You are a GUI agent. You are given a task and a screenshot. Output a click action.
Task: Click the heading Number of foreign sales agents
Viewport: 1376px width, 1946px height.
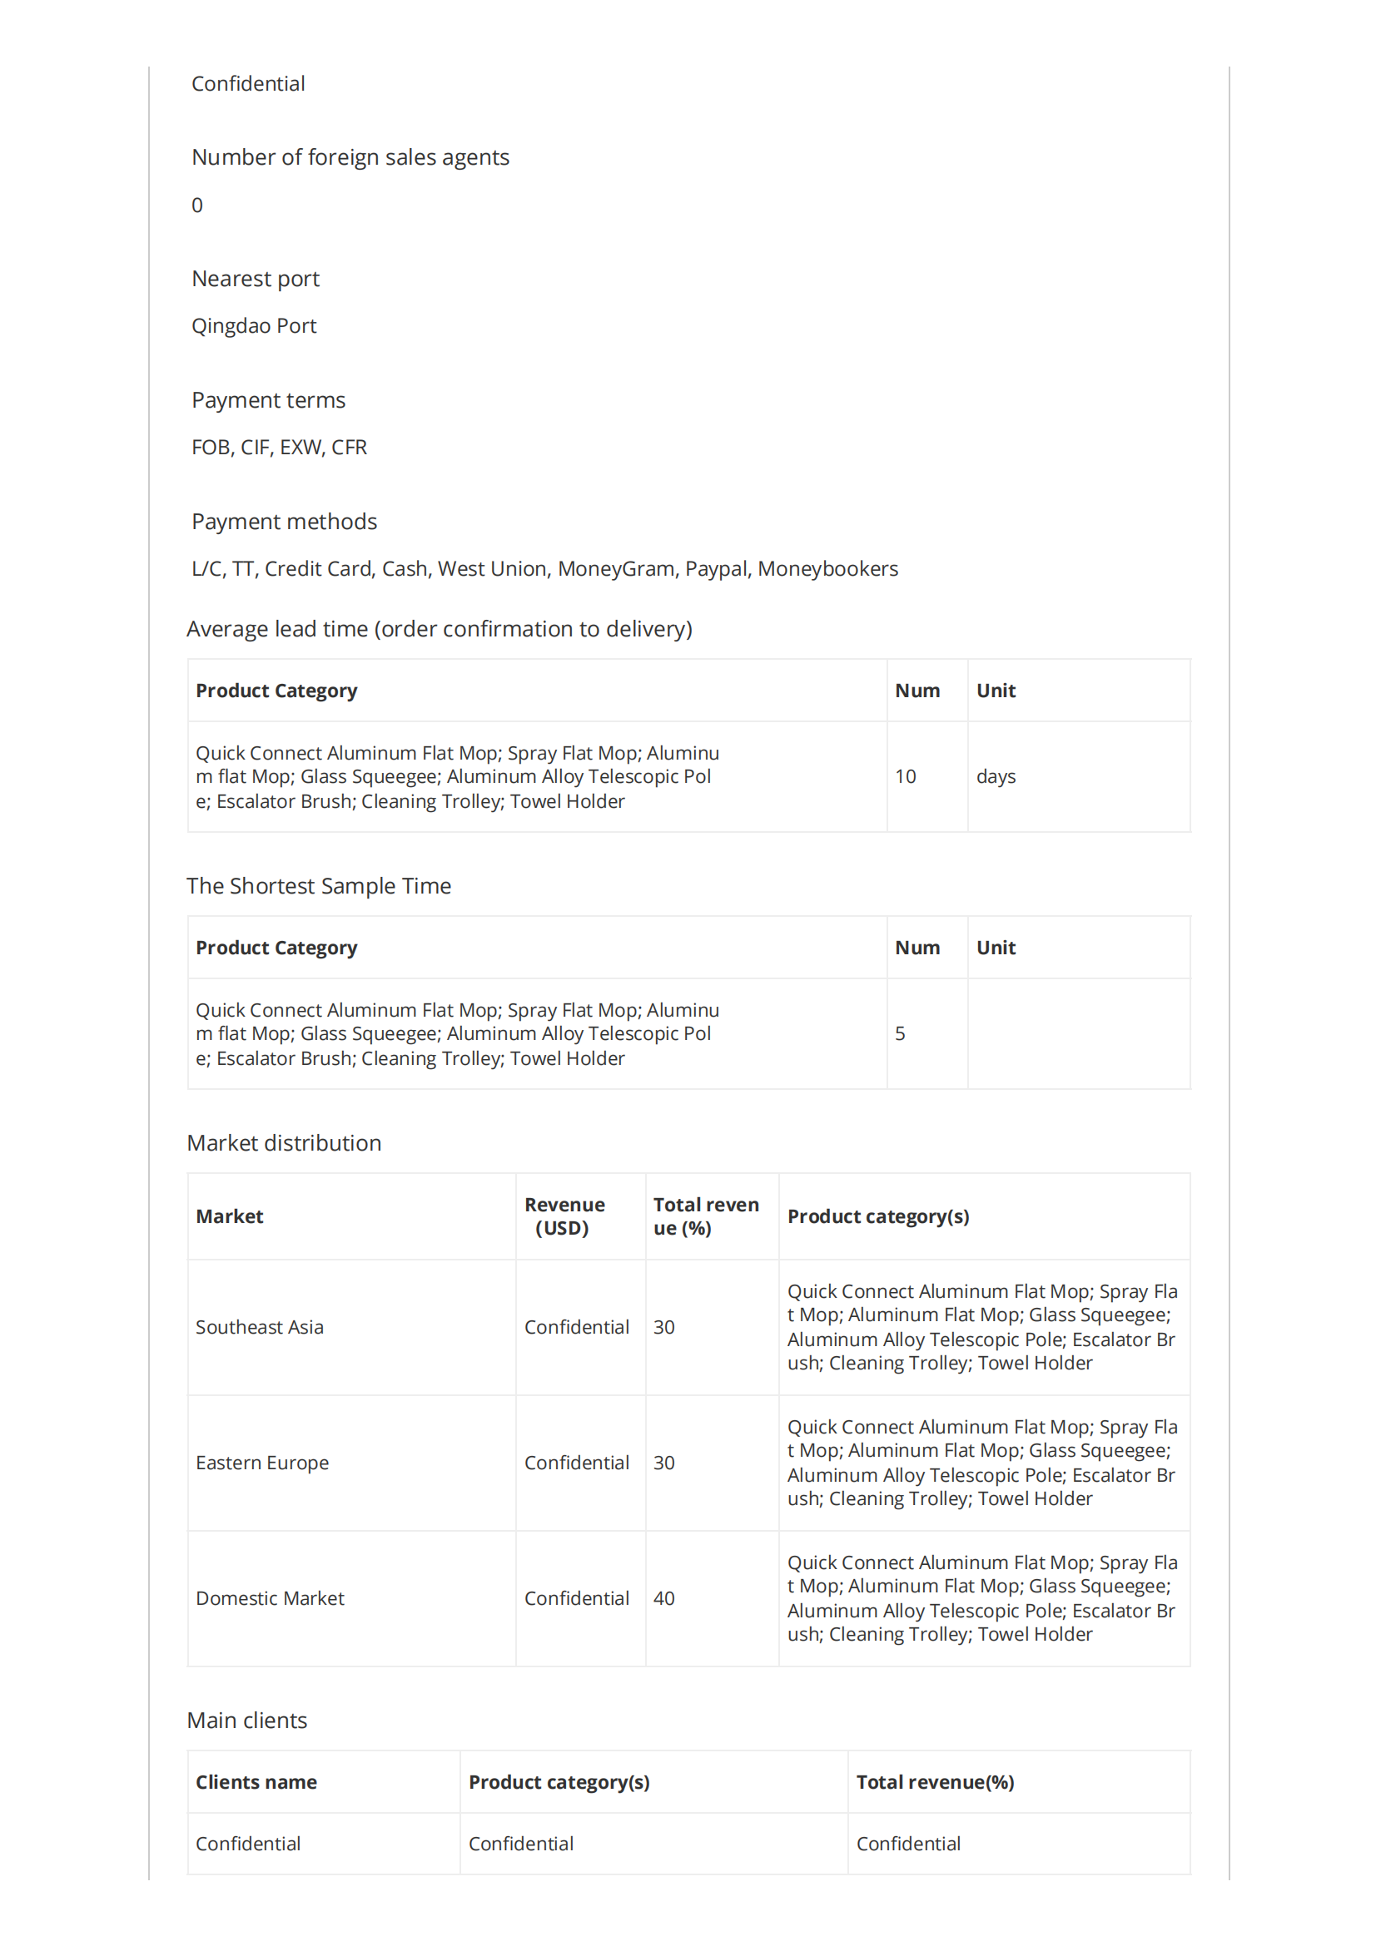point(350,157)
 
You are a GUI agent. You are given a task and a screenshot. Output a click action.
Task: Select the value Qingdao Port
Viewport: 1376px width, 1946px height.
point(254,326)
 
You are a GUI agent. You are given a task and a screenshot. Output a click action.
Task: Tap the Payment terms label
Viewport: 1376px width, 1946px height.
point(268,400)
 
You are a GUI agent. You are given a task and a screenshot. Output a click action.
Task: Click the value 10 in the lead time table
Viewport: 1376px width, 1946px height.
point(905,776)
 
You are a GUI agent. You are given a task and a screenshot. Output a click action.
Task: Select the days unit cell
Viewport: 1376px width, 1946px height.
point(996,776)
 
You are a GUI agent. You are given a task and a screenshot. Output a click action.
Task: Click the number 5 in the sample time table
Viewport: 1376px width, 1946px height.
point(900,1033)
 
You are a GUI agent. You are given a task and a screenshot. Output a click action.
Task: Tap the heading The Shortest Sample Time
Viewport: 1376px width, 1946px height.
point(319,886)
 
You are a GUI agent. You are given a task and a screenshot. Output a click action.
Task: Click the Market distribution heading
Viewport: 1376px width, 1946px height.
point(284,1142)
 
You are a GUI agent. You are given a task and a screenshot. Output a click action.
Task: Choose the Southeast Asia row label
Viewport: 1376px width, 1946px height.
point(260,1327)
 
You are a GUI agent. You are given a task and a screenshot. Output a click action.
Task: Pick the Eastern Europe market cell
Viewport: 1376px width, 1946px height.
point(262,1463)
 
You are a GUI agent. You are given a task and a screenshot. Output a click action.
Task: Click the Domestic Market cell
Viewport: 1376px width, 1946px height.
point(270,1598)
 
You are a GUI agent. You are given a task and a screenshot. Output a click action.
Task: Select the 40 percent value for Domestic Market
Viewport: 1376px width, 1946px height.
point(663,1598)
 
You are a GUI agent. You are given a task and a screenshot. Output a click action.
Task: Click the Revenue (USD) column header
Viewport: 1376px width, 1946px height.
point(564,1216)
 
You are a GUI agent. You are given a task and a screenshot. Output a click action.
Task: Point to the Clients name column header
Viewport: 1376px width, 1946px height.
point(256,1782)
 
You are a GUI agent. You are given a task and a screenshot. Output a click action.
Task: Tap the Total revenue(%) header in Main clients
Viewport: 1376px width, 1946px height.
point(934,1782)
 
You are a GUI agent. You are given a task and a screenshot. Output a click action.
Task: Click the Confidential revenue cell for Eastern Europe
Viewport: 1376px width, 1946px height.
point(577,1463)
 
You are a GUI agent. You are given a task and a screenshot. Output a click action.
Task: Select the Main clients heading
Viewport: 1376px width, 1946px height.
point(246,1721)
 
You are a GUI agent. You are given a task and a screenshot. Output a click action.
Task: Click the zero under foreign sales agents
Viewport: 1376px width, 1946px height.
point(197,206)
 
